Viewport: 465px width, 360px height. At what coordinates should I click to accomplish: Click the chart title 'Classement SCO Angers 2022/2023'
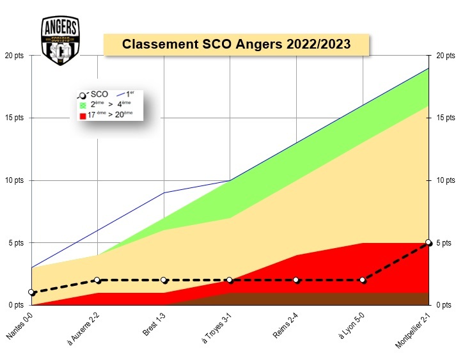236,45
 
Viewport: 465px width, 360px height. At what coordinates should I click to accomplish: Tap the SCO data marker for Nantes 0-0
31,292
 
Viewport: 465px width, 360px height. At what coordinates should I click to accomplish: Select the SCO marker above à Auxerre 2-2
97,280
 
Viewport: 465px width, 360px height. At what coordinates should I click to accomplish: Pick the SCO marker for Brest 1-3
164,280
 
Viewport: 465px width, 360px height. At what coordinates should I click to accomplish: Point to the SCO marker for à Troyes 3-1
230,280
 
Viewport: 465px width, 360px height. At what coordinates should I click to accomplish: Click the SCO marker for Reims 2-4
296,280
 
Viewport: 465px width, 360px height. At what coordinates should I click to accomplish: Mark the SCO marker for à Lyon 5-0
362,280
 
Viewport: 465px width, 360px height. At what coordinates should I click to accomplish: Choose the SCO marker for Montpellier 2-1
429,243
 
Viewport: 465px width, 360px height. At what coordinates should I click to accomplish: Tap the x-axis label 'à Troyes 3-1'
216,328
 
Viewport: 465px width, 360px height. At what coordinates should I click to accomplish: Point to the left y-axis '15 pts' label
13,118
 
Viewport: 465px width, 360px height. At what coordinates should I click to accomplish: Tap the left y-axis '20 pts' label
13,56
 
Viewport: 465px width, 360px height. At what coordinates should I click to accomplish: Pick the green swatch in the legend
82,104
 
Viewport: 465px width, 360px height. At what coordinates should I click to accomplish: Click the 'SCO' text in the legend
100,94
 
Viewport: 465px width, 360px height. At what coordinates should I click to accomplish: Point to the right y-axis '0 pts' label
443,305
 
